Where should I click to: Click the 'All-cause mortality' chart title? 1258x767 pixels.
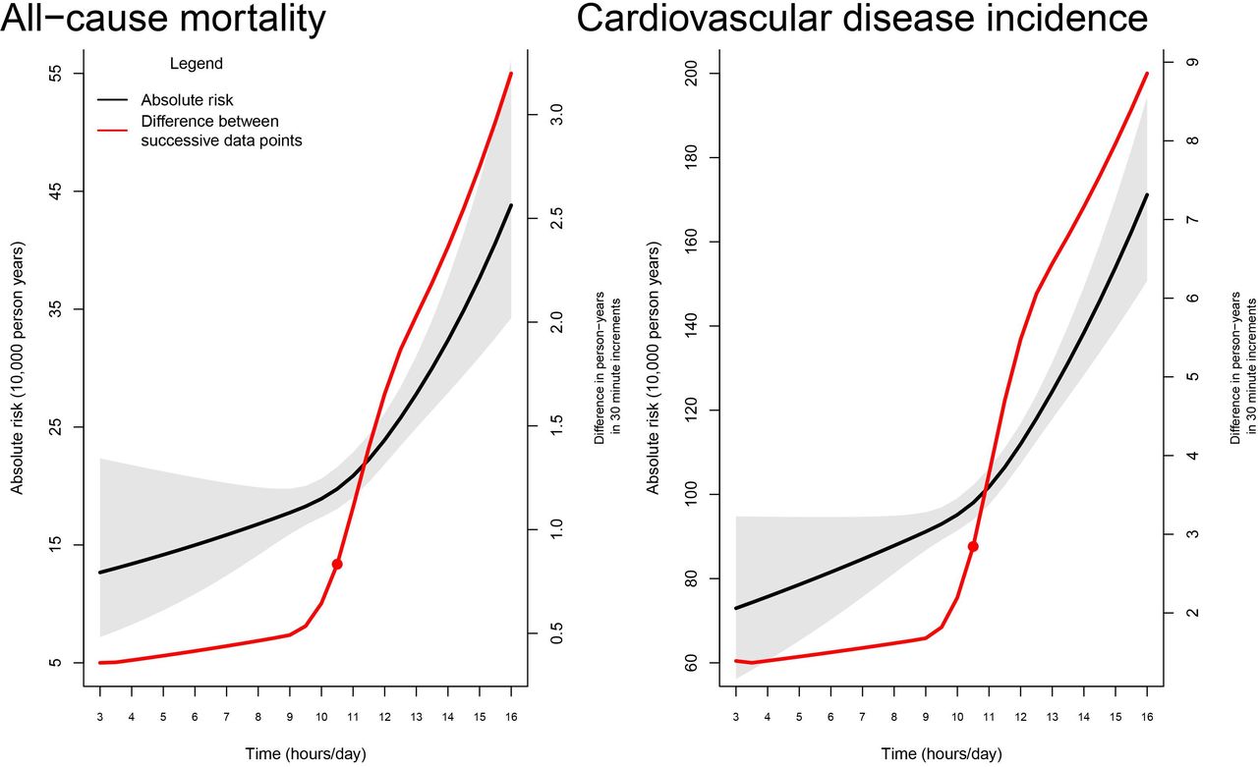coord(163,19)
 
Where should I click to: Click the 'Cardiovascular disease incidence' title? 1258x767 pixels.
coord(861,19)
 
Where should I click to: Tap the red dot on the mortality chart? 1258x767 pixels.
coord(337,564)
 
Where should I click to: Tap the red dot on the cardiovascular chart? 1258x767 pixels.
coord(973,546)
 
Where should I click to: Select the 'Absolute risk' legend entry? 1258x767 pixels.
coord(187,100)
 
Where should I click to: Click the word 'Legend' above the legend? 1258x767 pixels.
coord(197,64)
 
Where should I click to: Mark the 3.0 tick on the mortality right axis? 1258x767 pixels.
coord(556,115)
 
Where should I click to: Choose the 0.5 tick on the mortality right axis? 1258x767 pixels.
coord(556,633)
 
